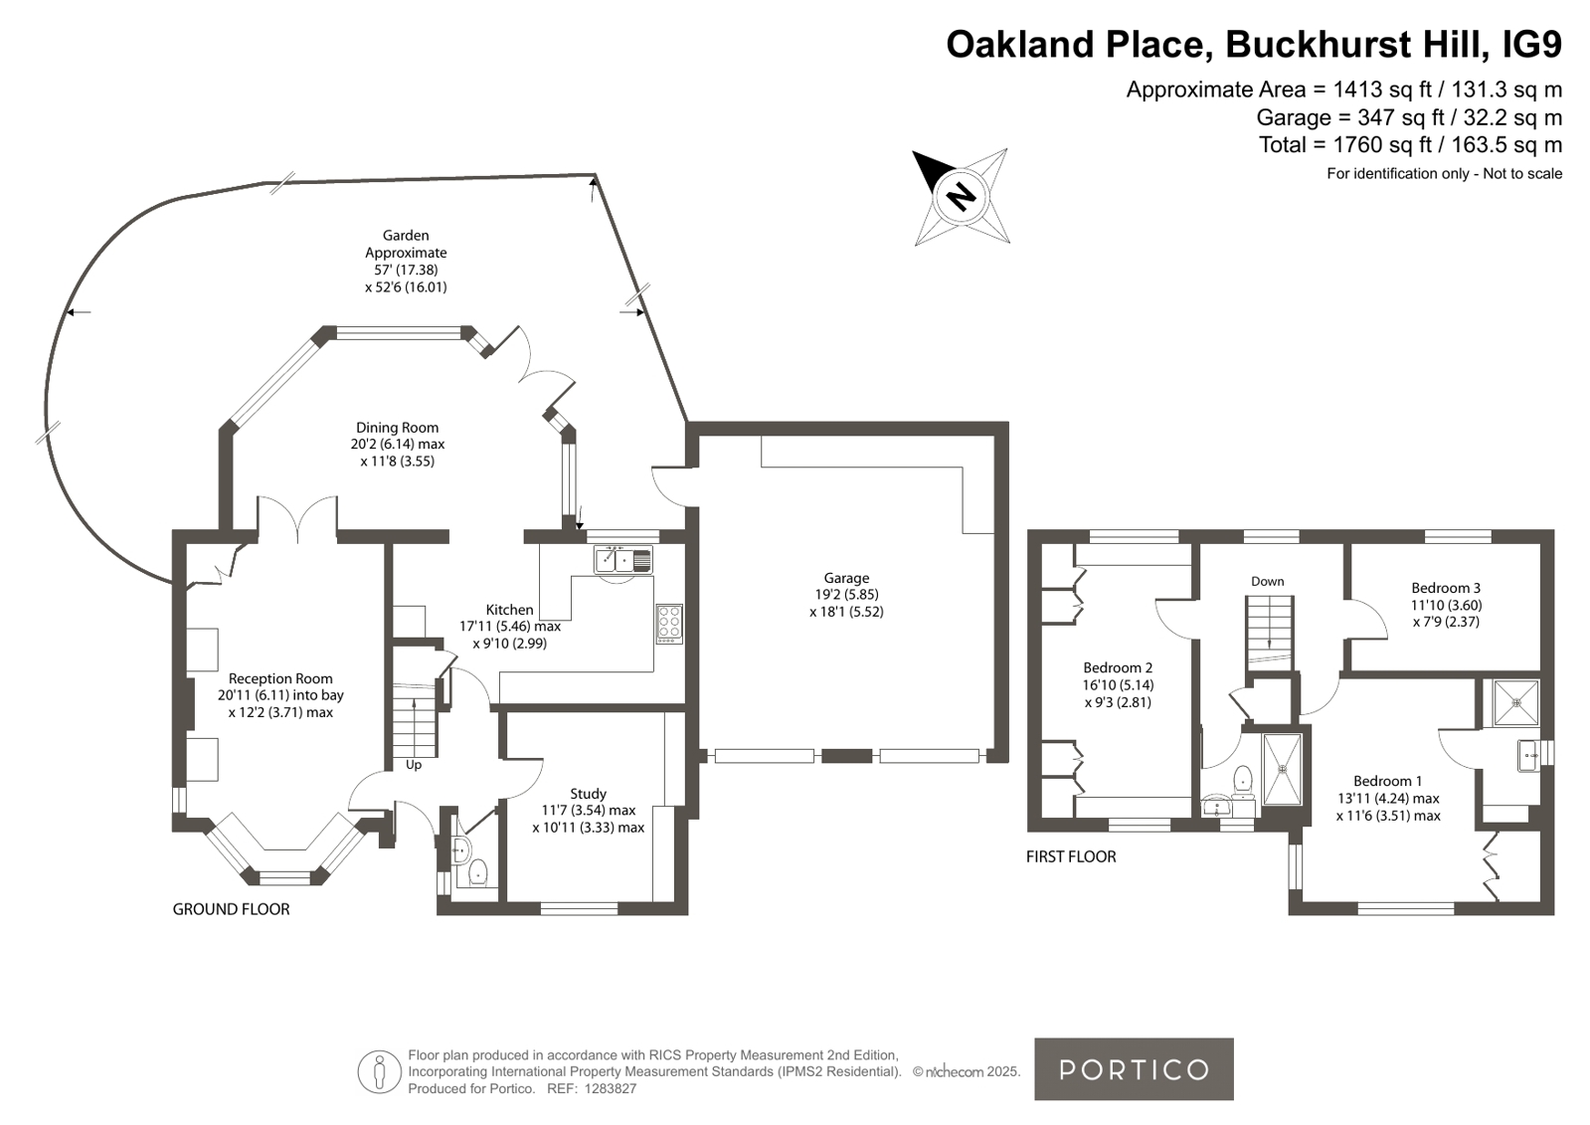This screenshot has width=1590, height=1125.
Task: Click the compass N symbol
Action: (x=962, y=195)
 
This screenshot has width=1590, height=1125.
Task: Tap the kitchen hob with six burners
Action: (x=669, y=625)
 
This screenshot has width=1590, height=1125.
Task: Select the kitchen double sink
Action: (x=622, y=560)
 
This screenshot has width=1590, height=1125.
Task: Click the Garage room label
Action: (x=846, y=578)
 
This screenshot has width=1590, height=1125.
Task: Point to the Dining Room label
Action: (x=397, y=428)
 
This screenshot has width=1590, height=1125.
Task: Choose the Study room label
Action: (x=588, y=794)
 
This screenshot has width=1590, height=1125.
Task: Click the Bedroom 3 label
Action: (x=1446, y=588)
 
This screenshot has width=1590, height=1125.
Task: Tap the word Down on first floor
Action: (x=1267, y=581)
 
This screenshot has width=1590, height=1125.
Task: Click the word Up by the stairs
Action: (x=413, y=765)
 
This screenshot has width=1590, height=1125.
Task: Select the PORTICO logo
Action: (x=1134, y=1069)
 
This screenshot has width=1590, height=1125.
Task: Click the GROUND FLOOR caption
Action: (x=231, y=909)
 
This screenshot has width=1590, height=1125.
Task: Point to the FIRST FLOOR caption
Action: (x=1070, y=856)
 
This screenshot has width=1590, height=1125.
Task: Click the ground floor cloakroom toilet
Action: (x=478, y=872)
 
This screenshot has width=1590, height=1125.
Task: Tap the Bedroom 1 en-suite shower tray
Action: (x=1516, y=702)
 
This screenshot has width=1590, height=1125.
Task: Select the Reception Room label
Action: (x=280, y=679)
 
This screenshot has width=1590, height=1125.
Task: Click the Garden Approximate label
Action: (x=406, y=244)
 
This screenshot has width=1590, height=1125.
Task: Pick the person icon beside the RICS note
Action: (x=379, y=1071)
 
